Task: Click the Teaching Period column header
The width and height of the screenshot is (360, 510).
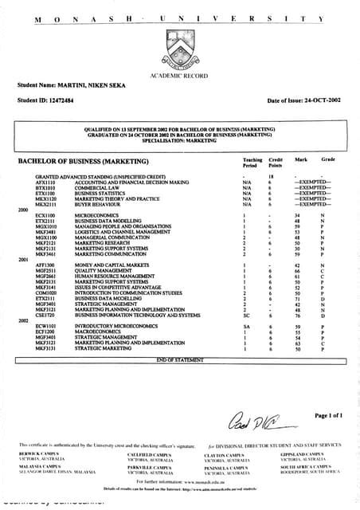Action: click(x=252, y=163)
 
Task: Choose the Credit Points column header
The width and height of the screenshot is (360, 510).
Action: click(x=275, y=163)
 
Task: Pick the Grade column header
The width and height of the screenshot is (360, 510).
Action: click(x=327, y=160)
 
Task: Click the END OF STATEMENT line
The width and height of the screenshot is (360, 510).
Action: click(x=179, y=360)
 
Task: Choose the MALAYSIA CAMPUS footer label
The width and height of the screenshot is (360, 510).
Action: click(x=38, y=466)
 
